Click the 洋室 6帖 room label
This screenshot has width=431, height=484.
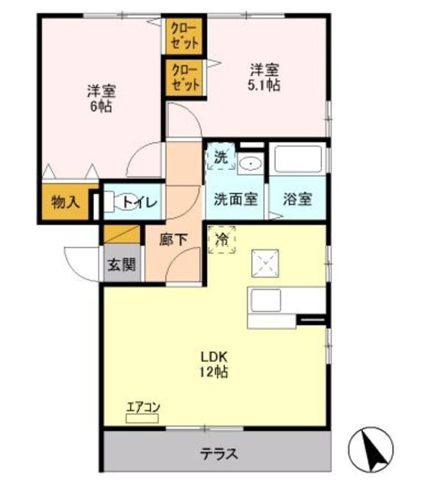pos(101,99)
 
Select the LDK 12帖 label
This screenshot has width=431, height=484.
pos(215,364)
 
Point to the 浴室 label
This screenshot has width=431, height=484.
pos(297,200)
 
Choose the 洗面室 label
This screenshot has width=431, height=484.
pos(235,200)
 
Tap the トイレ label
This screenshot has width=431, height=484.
pos(139,201)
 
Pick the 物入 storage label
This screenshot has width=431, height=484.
pos(66,202)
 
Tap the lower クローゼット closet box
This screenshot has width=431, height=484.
pos(185,78)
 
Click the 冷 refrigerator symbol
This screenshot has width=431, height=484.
pos(222,240)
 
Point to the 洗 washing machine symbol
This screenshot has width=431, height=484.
pos(220,159)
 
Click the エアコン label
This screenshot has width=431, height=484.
pos(142,409)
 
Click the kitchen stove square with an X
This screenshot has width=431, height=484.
pos(266,263)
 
